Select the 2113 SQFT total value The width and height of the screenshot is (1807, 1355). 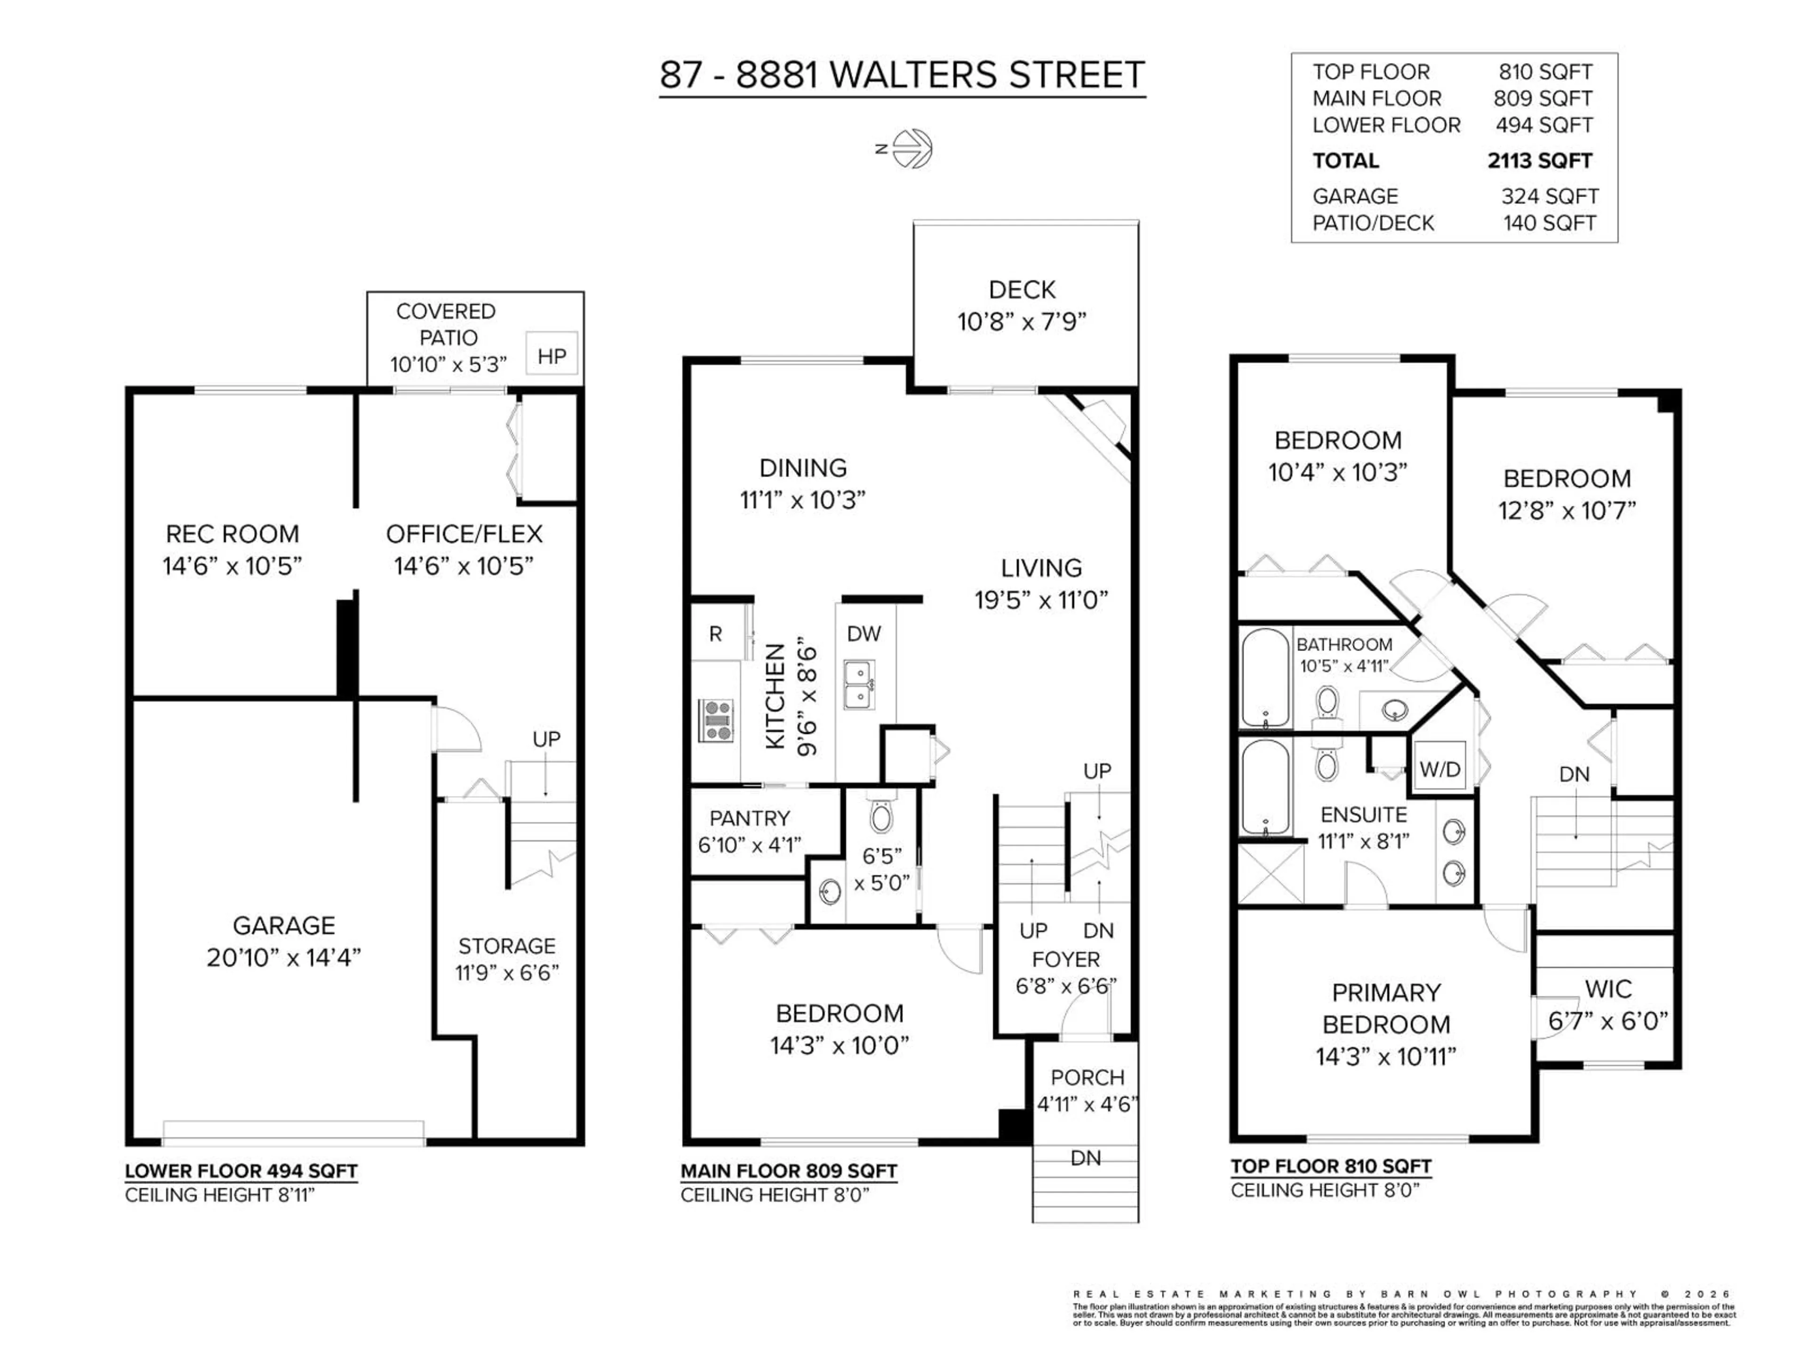1539,161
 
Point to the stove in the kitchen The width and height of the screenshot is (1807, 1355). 716,720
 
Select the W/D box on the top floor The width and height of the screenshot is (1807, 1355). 1439,769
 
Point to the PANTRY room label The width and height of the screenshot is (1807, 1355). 749,818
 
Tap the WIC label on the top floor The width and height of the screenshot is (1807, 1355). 1607,989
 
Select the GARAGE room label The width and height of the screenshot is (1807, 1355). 283,925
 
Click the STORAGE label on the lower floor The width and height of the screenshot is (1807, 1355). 506,946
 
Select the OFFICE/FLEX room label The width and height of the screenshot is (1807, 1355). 464,534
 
